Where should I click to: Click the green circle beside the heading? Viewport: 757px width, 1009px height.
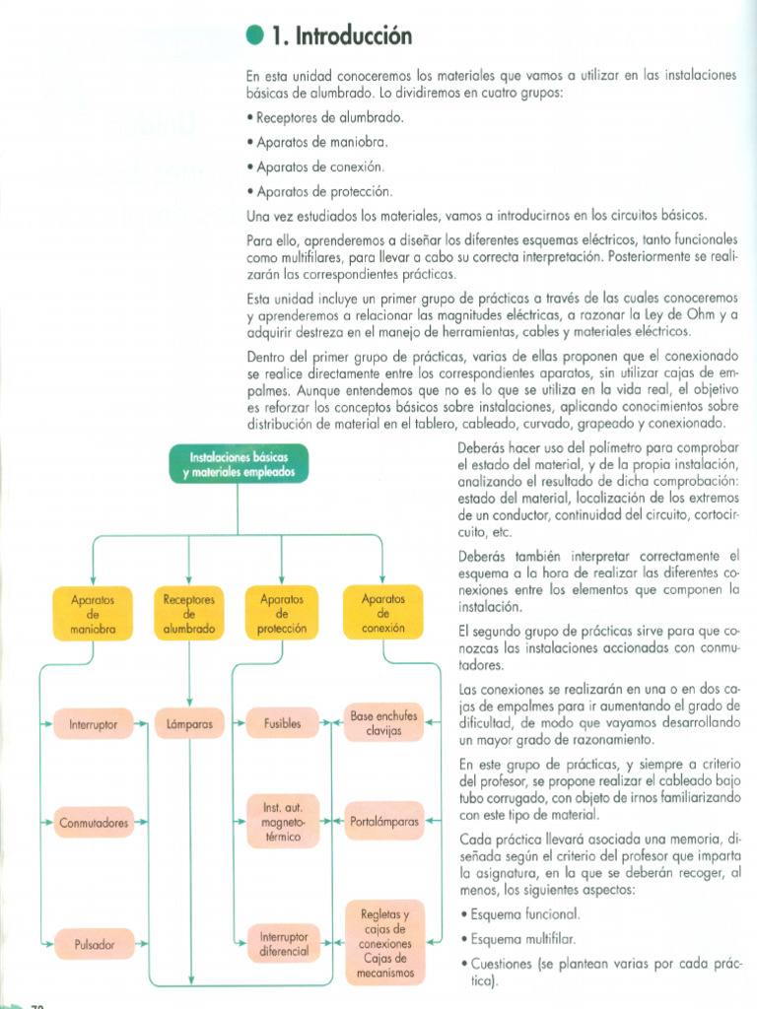tap(254, 36)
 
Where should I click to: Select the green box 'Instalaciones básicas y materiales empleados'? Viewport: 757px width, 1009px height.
tap(238, 464)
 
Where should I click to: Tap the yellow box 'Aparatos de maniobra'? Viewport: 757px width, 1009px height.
tap(94, 613)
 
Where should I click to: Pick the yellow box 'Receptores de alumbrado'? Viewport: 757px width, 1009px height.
tap(188, 613)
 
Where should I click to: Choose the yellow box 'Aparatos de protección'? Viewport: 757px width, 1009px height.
tap(282, 613)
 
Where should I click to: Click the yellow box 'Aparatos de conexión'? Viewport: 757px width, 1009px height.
tap(383, 613)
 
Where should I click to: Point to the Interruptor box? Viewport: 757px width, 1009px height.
tap(94, 725)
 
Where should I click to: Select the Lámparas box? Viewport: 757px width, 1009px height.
tap(190, 725)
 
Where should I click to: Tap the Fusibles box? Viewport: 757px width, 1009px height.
tap(282, 725)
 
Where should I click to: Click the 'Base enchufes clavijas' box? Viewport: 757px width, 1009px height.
tap(383, 724)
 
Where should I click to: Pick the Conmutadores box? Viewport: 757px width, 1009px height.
tap(94, 822)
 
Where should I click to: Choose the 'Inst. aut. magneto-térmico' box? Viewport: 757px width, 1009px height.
tap(282, 822)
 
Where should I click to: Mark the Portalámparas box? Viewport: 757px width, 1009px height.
tap(384, 821)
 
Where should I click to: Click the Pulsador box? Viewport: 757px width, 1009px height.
tap(95, 944)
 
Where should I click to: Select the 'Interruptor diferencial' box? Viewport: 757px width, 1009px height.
tap(284, 944)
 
